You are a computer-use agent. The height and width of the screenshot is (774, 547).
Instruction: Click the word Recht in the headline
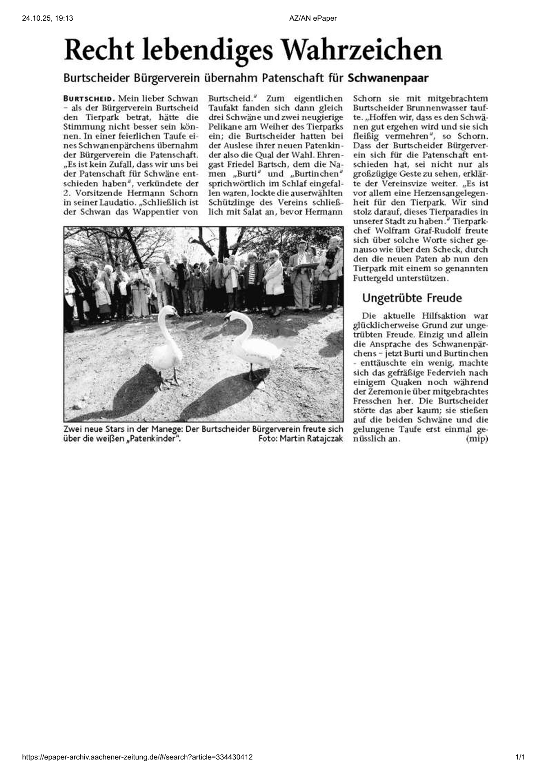[98, 51]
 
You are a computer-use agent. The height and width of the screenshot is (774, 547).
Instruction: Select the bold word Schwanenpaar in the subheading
[388, 78]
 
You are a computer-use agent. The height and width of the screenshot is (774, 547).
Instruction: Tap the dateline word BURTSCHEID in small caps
[89, 98]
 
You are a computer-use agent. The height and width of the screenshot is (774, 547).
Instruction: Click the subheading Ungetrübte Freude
[411, 298]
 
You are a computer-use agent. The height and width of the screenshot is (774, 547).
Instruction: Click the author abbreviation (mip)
[476, 439]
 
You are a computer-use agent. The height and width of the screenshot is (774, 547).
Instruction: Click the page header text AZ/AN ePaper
[313, 18]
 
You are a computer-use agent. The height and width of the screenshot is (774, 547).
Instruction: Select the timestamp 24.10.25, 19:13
[47, 18]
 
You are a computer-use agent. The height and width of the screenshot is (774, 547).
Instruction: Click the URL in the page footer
[137, 757]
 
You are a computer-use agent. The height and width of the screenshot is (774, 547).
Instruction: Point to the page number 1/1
[520, 757]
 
